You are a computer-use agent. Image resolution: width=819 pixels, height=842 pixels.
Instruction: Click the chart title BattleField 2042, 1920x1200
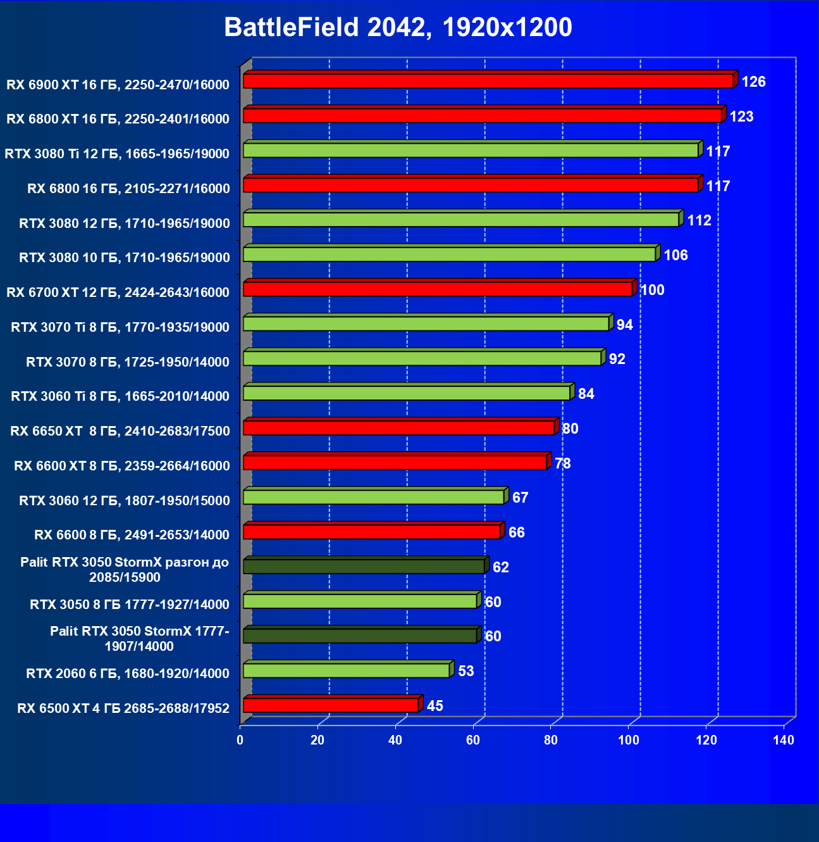click(x=398, y=27)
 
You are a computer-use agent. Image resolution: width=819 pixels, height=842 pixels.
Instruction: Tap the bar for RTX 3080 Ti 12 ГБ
click(x=471, y=151)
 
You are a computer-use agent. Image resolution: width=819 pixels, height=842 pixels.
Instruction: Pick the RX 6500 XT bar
click(x=331, y=705)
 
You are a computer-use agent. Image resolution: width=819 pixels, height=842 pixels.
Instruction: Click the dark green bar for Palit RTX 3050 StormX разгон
click(x=364, y=567)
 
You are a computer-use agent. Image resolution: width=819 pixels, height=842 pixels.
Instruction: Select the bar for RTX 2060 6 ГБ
click(x=347, y=670)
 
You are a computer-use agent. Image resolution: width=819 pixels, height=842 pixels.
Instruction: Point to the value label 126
click(x=753, y=82)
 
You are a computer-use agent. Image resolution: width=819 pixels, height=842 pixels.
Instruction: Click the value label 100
click(x=652, y=290)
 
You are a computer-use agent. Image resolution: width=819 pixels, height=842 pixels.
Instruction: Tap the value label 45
click(x=435, y=706)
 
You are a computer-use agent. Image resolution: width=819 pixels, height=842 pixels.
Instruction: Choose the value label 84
click(x=586, y=394)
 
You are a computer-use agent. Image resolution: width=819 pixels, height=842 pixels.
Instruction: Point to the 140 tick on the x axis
click(x=784, y=740)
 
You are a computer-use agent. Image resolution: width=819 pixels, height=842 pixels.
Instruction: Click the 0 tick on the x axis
click(x=240, y=740)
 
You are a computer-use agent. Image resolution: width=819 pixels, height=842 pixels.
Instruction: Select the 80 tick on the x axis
click(x=551, y=740)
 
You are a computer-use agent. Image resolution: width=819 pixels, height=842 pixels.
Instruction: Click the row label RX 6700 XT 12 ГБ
click(x=118, y=292)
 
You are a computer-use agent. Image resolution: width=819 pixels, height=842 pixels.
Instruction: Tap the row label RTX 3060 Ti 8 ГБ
click(x=120, y=396)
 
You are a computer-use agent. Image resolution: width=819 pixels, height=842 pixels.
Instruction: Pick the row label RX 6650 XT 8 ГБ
click(x=120, y=431)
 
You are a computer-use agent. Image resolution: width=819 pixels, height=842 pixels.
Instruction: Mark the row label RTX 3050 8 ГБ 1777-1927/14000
click(x=130, y=605)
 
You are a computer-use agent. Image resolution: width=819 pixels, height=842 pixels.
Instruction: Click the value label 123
click(x=741, y=116)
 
